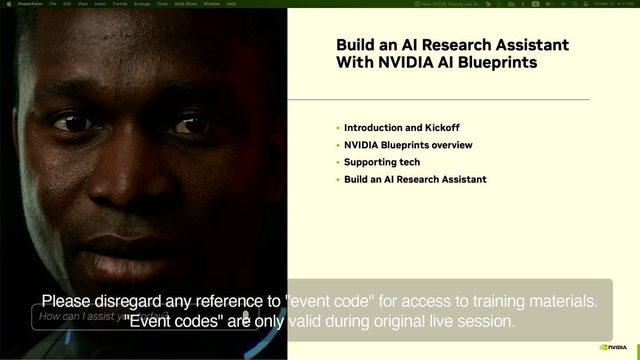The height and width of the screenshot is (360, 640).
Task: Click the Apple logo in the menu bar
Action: coord(9,4)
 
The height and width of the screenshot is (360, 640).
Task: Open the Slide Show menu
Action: coord(186,4)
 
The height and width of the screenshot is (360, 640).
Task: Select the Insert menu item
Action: coord(100,4)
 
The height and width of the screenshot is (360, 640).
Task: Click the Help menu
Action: coord(231,4)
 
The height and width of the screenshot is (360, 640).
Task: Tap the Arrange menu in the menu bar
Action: coord(142,4)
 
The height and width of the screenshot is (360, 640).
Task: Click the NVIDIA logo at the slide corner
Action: coord(613,347)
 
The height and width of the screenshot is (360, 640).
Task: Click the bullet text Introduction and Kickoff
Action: coord(402,128)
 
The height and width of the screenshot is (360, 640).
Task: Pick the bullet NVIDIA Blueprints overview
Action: coord(408,145)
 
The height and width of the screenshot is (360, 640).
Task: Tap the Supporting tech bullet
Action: coord(382,162)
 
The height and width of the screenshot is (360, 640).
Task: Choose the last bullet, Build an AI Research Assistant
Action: coord(415,180)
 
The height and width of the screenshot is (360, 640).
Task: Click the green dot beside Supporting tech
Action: coord(338,163)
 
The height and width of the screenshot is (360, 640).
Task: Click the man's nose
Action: coord(128,181)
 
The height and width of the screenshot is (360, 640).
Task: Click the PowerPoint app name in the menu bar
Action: coord(30,4)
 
